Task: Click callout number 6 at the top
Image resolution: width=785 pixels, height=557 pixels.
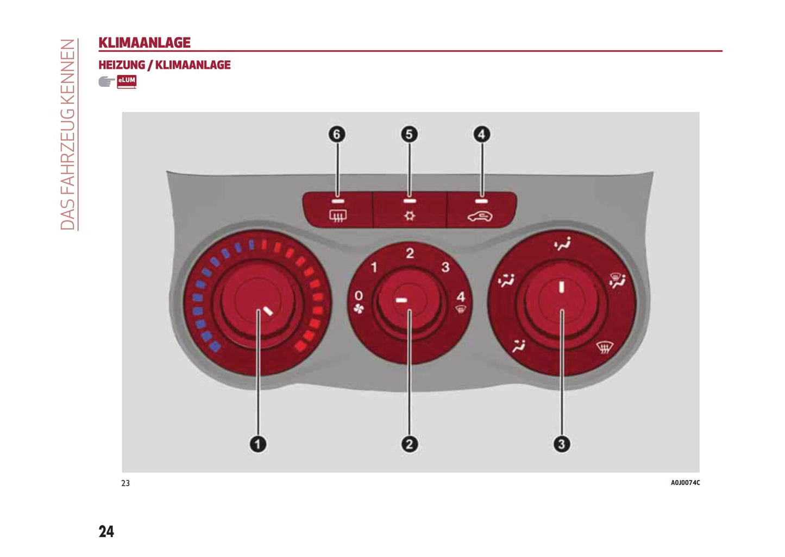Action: [337, 134]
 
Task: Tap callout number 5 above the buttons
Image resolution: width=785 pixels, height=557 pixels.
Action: [409, 134]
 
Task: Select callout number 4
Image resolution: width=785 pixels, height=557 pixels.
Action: [481, 134]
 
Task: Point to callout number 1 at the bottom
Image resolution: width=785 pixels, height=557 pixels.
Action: [258, 444]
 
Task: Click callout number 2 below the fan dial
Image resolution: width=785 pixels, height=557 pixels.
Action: [409, 444]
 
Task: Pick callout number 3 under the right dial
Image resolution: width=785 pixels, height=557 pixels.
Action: [561, 444]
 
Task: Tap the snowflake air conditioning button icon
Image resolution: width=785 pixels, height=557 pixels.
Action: [410, 216]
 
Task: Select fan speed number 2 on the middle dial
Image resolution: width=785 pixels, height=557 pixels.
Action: [410, 253]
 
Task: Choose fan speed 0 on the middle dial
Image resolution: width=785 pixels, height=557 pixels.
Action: [359, 296]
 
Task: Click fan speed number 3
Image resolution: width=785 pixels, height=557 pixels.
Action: [445, 267]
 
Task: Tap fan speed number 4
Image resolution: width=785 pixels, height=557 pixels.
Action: [461, 296]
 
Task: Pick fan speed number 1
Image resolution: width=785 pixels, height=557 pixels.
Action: [374, 267]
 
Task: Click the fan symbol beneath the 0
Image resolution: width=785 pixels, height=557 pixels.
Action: [359, 309]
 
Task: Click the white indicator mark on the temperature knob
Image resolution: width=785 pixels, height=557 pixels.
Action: [268, 311]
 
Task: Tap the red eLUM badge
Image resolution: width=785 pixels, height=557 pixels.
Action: [127, 81]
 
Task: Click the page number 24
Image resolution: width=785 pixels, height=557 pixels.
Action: [106, 531]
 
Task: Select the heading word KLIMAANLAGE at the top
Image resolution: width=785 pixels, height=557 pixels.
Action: [145, 42]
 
